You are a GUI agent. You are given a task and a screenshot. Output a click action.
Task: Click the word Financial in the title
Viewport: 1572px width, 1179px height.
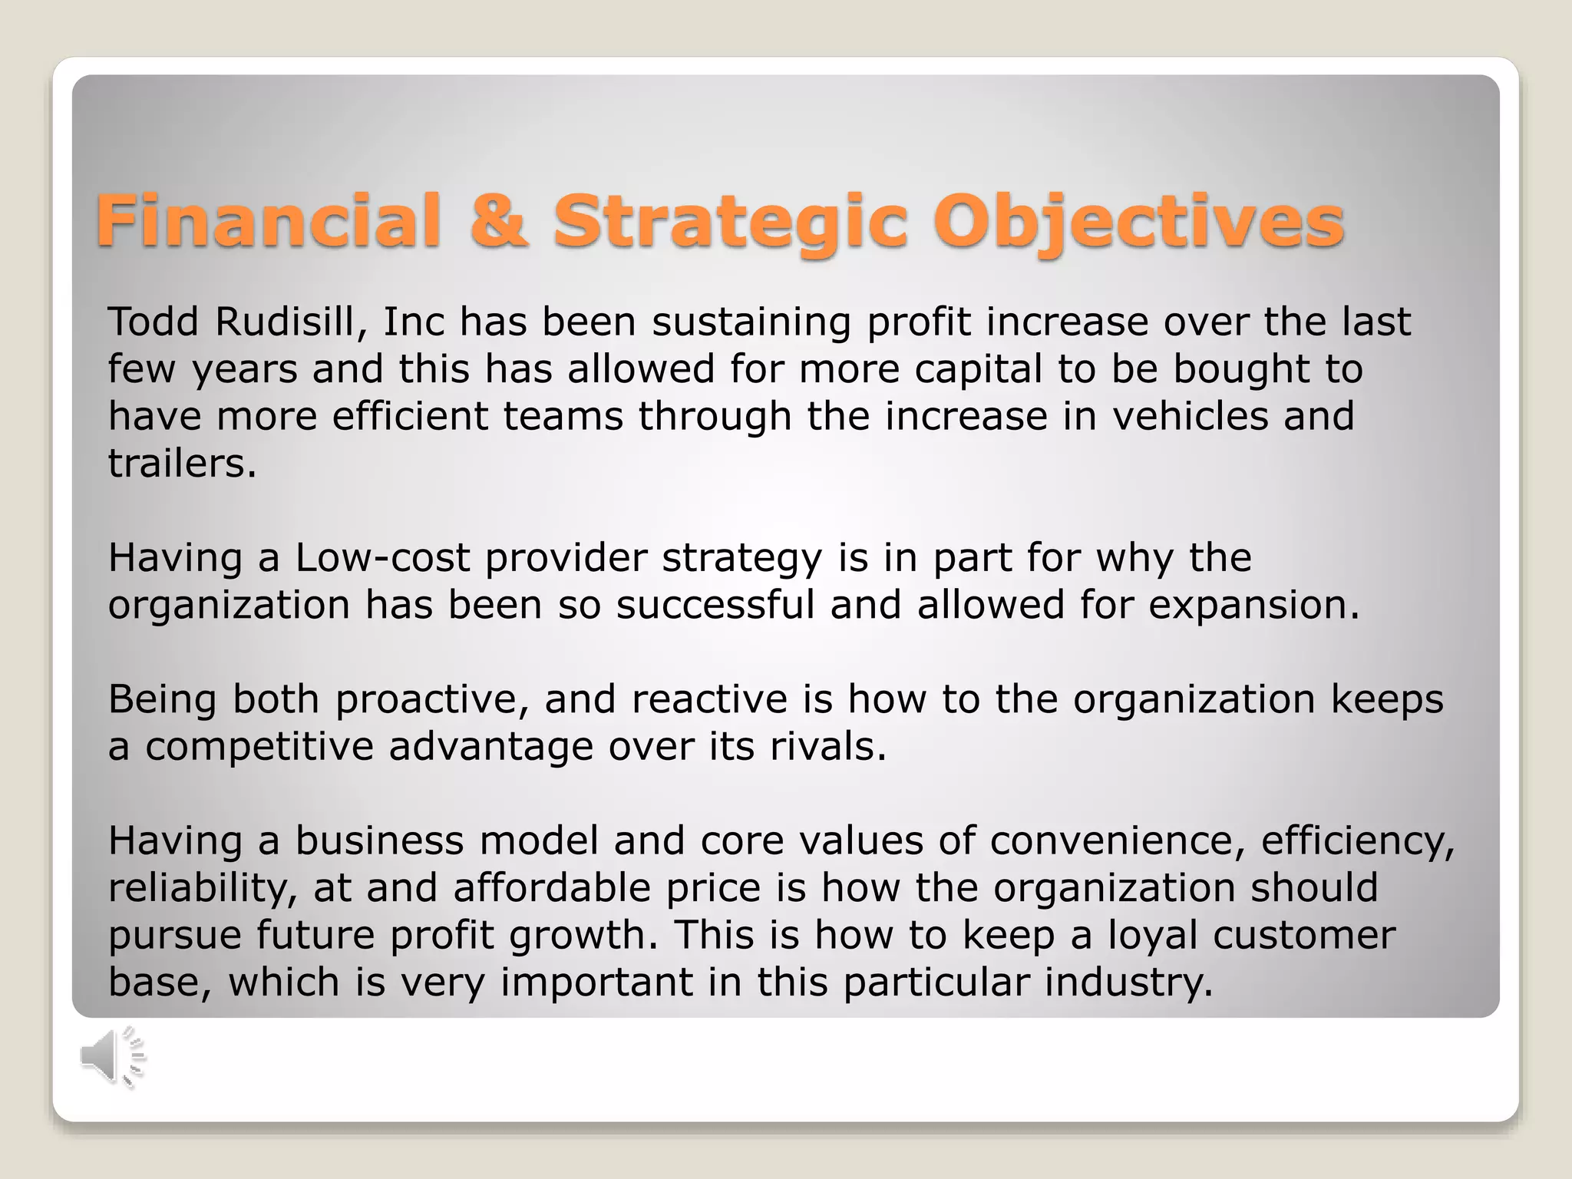click(x=269, y=221)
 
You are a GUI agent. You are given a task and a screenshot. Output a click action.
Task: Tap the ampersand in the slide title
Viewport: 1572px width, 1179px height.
click(x=500, y=221)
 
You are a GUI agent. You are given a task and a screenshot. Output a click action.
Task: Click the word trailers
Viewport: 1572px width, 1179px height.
click(x=182, y=464)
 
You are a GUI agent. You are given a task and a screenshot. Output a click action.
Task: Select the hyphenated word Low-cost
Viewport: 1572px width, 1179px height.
click(x=382, y=558)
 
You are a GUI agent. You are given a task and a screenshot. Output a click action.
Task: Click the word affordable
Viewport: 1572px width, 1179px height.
click(x=552, y=888)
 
